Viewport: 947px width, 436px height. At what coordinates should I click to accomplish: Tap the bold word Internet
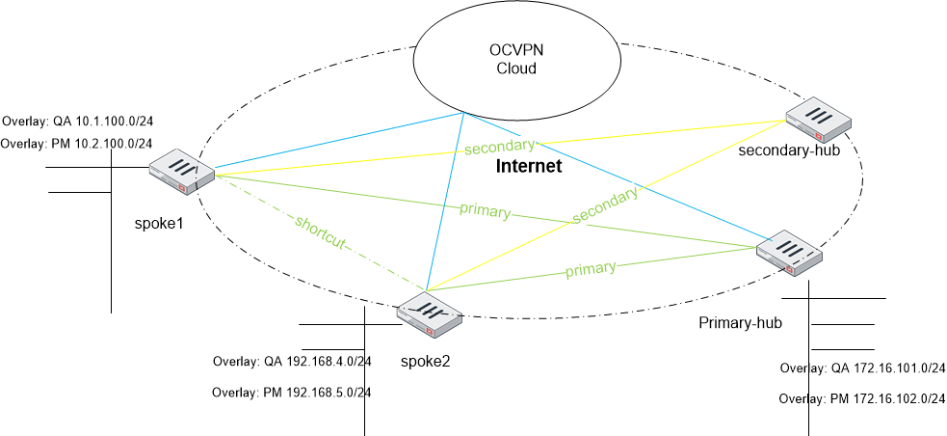tap(528, 167)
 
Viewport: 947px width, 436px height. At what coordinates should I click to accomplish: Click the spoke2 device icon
tap(429, 315)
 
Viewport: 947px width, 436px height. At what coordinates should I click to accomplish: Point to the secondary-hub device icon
tap(819, 120)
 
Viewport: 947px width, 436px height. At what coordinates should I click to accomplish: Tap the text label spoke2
tap(426, 362)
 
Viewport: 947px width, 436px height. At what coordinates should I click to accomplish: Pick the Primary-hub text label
tap(740, 321)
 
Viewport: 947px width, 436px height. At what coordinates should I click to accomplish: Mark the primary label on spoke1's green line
tap(484, 209)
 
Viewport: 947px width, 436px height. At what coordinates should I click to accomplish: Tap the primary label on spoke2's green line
tap(590, 269)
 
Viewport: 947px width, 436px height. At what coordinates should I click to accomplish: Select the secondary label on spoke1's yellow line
tap(499, 147)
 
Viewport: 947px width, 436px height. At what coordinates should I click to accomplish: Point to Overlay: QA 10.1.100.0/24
tap(78, 123)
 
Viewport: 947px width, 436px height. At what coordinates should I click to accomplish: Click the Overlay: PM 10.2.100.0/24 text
tap(77, 144)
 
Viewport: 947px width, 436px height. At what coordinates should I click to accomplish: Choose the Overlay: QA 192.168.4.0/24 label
tap(292, 363)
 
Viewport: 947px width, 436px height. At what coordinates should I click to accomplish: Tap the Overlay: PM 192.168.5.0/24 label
tap(292, 392)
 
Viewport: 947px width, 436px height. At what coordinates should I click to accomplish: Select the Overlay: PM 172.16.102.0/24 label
tap(859, 397)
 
